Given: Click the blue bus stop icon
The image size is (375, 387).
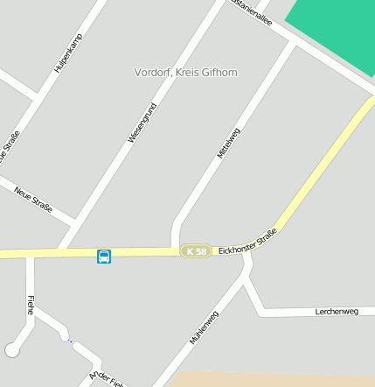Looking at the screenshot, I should pyautogui.click(x=104, y=256).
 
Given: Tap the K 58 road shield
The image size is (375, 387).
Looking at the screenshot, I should pyautogui.click(x=196, y=251).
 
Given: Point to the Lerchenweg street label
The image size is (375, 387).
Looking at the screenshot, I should pyautogui.click(x=337, y=312).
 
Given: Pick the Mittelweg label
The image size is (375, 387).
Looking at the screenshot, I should pyautogui.click(x=228, y=143).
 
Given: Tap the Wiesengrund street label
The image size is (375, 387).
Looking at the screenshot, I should pyautogui.click(x=142, y=123).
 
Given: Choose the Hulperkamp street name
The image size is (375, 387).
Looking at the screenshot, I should pyautogui.click(x=69, y=51).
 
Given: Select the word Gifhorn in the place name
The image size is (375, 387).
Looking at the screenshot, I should pyautogui.click(x=219, y=72).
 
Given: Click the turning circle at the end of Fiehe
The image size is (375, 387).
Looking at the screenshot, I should pyautogui.click(x=12, y=349).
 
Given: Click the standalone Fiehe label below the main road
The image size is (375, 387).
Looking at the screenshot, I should pyautogui.click(x=31, y=305).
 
